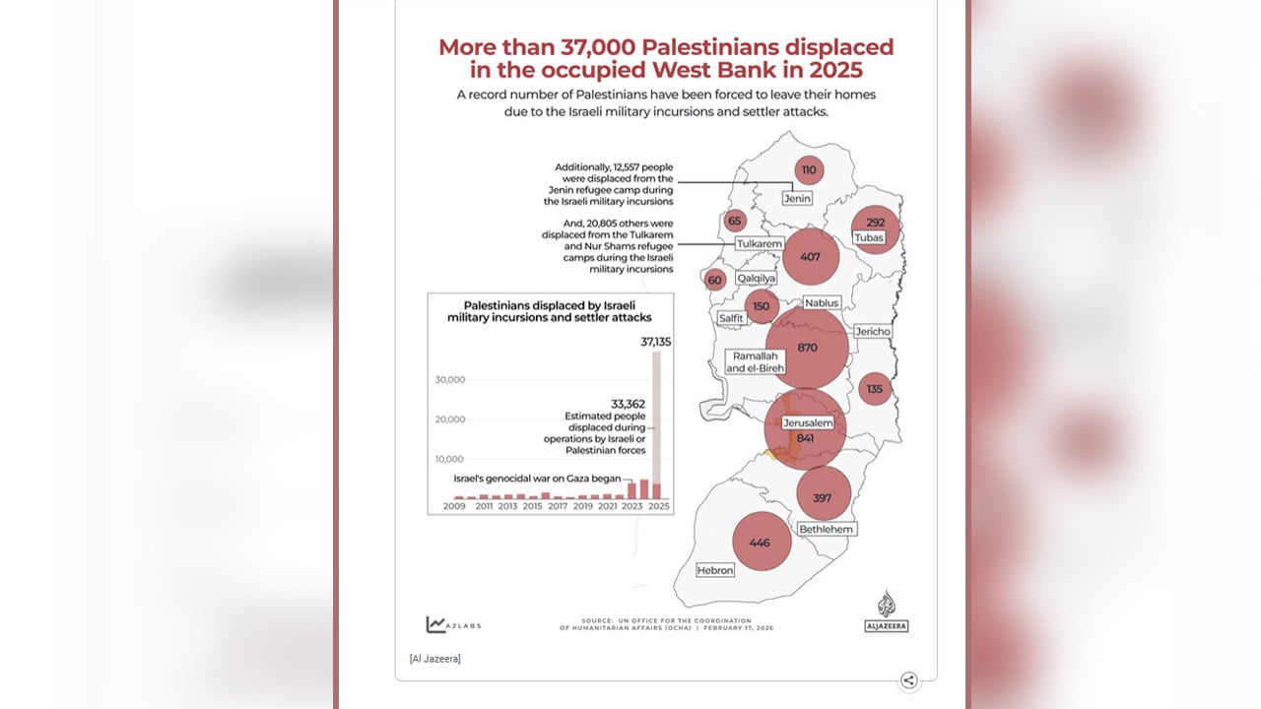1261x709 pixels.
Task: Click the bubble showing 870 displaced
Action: click(x=807, y=348)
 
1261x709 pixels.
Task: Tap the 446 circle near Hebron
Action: click(x=762, y=542)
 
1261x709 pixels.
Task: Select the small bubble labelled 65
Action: click(x=735, y=222)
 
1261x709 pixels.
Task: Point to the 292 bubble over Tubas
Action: click(x=876, y=229)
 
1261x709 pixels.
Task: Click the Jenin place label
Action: click(x=797, y=198)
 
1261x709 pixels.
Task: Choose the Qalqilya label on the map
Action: click(x=756, y=278)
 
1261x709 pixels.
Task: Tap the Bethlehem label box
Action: click(x=827, y=529)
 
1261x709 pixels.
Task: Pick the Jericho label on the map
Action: click(x=873, y=332)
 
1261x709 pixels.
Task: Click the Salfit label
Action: click(x=731, y=318)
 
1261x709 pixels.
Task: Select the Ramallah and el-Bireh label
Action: click(x=755, y=362)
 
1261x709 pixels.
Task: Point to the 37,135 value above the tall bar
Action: click(x=656, y=342)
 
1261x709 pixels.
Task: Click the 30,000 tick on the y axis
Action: click(x=450, y=380)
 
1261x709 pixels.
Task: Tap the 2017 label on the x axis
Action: click(x=558, y=506)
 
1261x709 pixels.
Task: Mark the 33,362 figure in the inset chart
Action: click(x=629, y=404)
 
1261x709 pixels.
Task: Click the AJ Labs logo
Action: click(x=454, y=624)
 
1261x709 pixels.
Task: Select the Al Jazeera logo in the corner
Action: click(x=886, y=612)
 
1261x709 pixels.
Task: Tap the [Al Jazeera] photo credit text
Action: click(x=434, y=659)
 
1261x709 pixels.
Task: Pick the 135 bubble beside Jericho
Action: click(x=875, y=389)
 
